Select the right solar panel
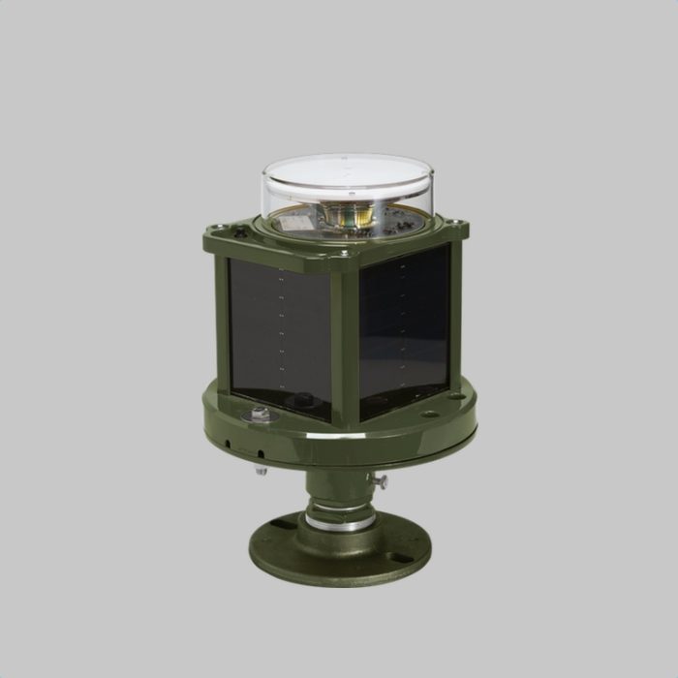point(405,324)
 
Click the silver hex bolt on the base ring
point(261,415)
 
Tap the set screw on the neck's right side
point(382,480)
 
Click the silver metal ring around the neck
point(339,523)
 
